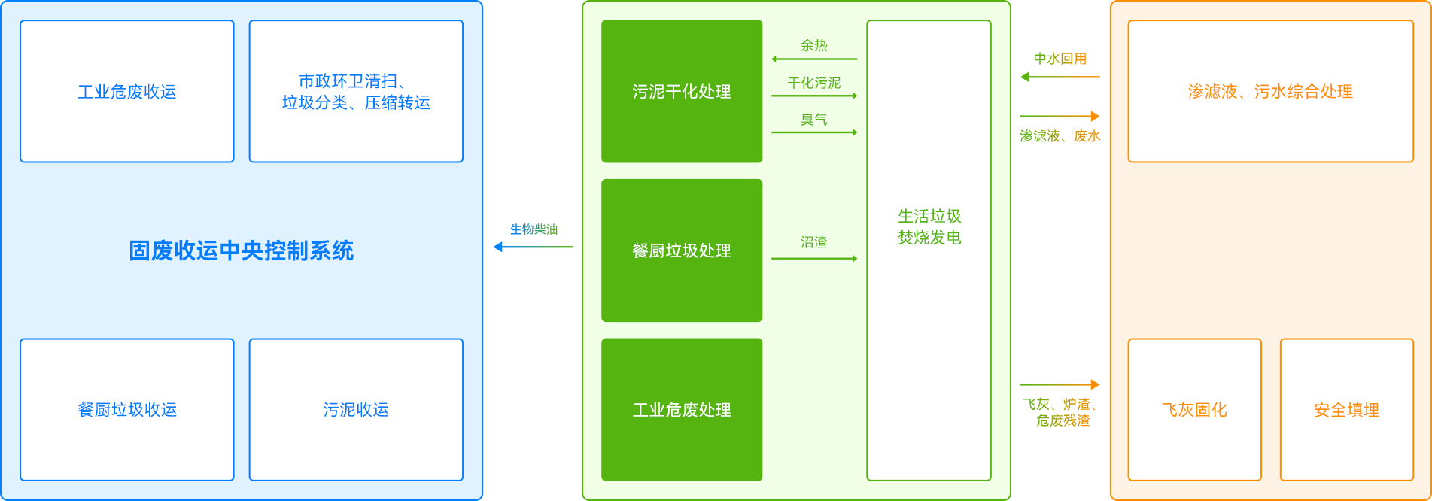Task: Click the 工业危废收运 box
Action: pyautogui.click(x=127, y=91)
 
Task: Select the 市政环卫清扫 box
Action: pyautogui.click(x=356, y=91)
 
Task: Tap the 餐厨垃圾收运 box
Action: pyautogui.click(x=127, y=409)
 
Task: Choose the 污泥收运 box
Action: pyautogui.click(x=356, y=409)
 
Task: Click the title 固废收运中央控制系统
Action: pyautogui.click(x=241, y=250)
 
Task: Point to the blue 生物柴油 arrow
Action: pyautogui.click(x=533, y=247)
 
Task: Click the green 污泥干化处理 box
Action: pyautogui.click(x=682, y=91)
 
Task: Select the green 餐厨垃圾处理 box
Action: pyautogui.click(x=682, y=250)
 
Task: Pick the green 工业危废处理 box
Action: pyautogui.click(x=682, y=409)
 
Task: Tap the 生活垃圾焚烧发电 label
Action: pyautogui.click(x=929, y=226)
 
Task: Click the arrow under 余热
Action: pyautogui.click(x=814, y=59)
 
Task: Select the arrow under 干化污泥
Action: pyautogui.click(x=814, y=96)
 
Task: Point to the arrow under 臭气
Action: pyautogui.click(x=814, y=132)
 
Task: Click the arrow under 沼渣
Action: pyautogui.click(x=814, y=259)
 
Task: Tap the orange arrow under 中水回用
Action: pyautogui.click(x=1060, y=77)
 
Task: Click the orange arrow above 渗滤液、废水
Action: pyautogui.click(x=1060, y=117)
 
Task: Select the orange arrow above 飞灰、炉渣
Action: pyautogui.click(x=1060, y=385)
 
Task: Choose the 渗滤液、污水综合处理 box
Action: pyautogui.click(x=1270, y=91)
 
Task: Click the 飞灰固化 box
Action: pyautogui.click(x=1194, y=409)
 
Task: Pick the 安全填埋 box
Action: pyautogui.click(x=1346, y=409)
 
